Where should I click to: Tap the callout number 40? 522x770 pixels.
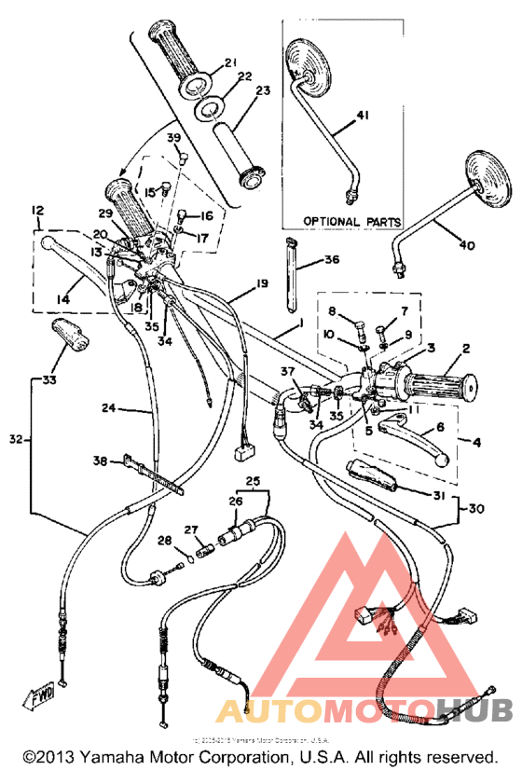point(466,245)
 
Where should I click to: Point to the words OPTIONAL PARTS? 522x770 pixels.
point(352,222)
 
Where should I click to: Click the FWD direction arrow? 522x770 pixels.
point(41,697)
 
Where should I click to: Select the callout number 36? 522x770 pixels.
point(331,260)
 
